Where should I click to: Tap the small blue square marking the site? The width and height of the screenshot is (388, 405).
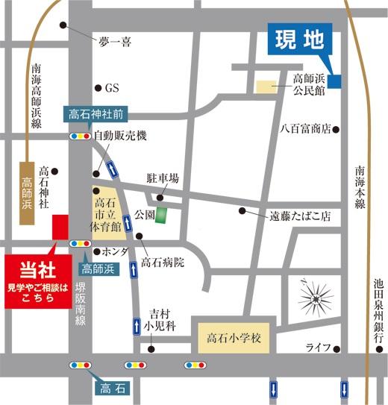335,81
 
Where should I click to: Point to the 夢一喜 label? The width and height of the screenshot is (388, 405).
115,43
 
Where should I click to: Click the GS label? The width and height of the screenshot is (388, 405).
112,88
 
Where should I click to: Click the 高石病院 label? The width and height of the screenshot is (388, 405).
162,262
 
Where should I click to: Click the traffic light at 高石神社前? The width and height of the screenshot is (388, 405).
78,136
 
